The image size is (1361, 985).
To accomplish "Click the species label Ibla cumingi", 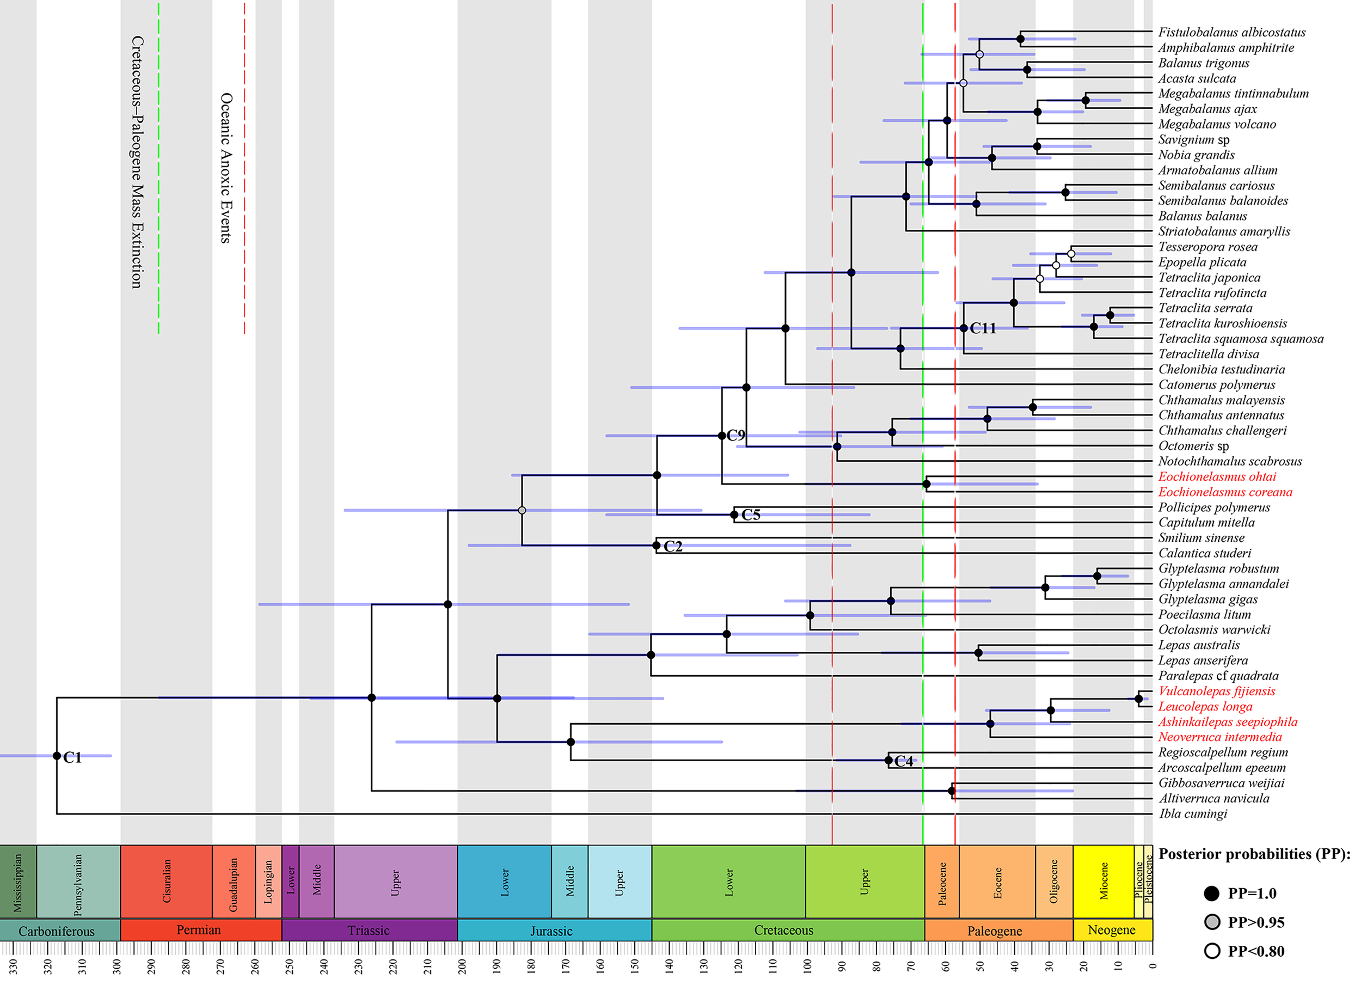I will tap(1192, 814).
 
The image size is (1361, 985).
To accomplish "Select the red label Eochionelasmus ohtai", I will tap(1217, 476).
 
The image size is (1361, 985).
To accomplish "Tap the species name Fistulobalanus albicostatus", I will tap(1231, 33).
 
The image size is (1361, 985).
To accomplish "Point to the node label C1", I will tap(72, 757).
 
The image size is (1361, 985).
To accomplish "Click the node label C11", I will tap(982, 328).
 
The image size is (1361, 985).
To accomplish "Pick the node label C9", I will tap(735, 435).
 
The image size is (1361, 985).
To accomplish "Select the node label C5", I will tap(751, 515).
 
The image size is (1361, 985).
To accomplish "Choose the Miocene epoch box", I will tap(1103, 881).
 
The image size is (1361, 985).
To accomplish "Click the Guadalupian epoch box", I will tap(234, 881).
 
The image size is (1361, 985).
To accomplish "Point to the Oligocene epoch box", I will tap(1053, 881).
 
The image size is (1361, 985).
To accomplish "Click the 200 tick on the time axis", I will tap(463, 966).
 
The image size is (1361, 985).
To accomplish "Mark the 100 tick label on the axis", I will tap(807, 966).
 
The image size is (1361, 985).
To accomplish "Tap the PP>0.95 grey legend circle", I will tap(1212, 922).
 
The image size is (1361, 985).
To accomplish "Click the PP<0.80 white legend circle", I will tap(1212, 951).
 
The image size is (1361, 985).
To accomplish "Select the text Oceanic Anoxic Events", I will tap(225, 168).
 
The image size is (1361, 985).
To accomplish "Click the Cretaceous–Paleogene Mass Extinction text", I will tap(137, 162).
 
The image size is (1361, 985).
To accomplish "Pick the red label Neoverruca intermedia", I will tap(1219, 737).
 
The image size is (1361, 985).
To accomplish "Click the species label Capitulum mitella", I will tap(1206, 522).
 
